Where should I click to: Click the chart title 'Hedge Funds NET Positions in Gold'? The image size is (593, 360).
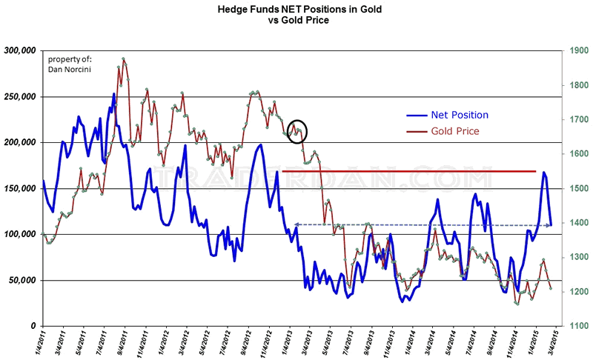296,10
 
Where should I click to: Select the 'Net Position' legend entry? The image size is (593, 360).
457,115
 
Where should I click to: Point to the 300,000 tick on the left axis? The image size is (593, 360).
20,51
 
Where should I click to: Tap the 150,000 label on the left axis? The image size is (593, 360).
20,189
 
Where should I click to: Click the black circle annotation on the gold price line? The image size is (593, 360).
297,132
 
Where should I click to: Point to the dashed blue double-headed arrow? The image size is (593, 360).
423,224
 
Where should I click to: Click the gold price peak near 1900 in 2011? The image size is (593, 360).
123,59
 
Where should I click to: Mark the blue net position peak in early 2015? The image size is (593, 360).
544,172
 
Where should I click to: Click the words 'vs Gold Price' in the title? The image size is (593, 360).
296,21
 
